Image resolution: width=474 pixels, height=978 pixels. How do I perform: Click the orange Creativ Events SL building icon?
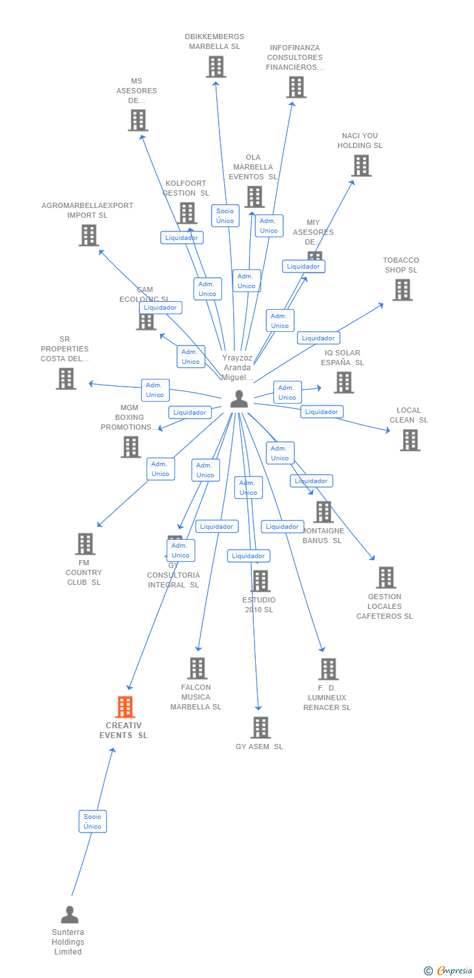click(x=125, y=707)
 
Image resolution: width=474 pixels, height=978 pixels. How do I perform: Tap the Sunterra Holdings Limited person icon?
click(x=69, y=915)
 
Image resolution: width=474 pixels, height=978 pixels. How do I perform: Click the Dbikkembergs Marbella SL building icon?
click(x=216, y=67)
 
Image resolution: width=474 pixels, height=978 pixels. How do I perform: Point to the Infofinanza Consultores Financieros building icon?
click(x=296, y=87)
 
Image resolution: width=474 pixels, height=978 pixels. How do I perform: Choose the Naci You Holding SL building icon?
click(x=361, y=166)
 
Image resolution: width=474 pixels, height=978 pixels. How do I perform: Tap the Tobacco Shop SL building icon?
click(x=402, y=290)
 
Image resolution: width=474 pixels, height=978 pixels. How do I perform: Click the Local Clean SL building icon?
click(x=410, y=440)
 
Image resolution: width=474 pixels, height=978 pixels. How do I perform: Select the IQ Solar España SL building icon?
click(x=344, y=383)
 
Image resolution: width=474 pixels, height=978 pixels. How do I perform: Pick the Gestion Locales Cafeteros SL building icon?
click(x=385, y=578)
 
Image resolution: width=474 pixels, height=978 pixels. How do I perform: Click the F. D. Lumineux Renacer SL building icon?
click(x=328, y=669)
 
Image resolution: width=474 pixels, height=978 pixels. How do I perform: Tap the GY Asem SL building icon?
click(x=260, y=728)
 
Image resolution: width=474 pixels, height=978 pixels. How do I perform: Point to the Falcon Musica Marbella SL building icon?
click(x=197, y=668)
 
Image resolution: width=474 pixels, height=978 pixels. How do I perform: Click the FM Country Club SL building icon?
click(x=85, y=544)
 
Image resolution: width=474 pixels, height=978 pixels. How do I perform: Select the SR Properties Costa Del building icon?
click(x=66, y=379)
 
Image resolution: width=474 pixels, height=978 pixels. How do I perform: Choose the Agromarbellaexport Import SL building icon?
click(x=89, y=235)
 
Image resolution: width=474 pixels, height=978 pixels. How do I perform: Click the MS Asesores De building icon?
click(x=138, y=120)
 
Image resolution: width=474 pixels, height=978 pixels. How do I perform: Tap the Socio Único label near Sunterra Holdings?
click(x=92, y=822)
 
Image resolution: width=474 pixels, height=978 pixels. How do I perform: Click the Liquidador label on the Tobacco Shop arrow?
click(x=318, y=338)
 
